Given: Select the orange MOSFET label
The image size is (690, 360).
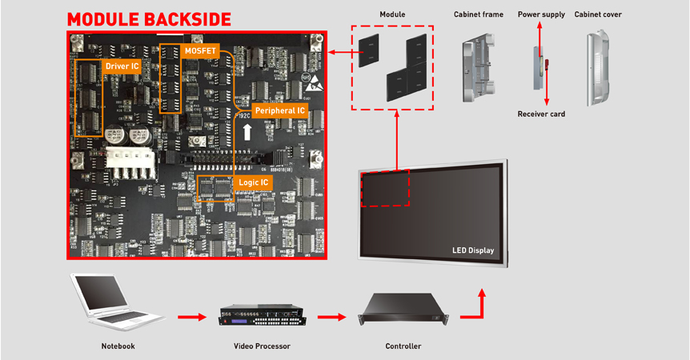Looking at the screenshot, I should point(199,50).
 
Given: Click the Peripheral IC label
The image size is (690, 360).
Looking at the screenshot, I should point(279,110).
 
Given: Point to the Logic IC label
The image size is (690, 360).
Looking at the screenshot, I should point(255,183).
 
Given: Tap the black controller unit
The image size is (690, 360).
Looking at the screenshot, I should point(403,310).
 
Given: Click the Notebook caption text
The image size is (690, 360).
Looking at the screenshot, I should point(118,346).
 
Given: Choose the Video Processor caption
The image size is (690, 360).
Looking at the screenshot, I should point(261,346).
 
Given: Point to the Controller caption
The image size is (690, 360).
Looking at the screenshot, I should point(403,346).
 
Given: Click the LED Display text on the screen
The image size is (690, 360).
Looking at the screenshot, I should point(472,250).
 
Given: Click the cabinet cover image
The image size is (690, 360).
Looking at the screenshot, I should point(598,68).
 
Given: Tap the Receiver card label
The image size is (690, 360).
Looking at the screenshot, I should point(541,114).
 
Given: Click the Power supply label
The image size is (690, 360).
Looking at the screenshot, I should point(541,14).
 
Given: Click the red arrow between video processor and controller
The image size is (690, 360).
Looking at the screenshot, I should point(332,317).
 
